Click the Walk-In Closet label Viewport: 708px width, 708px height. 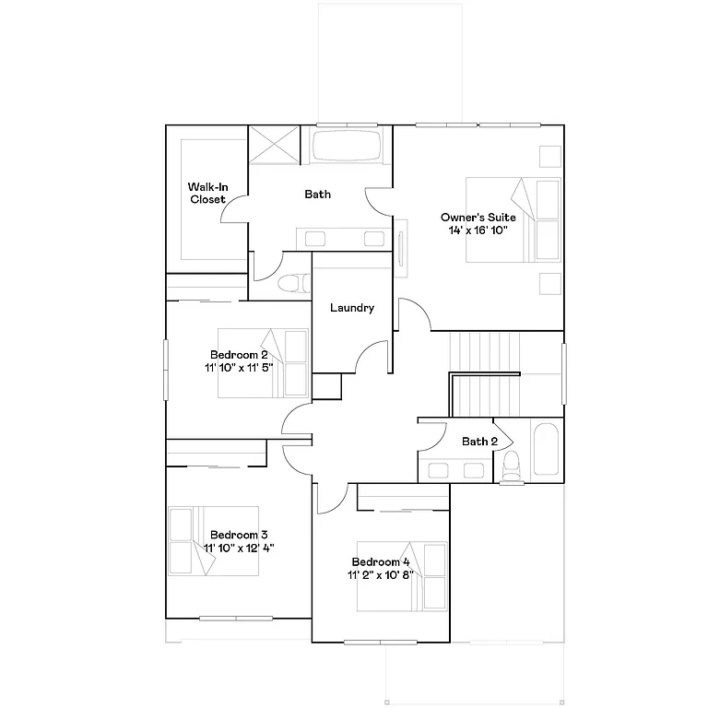point(208,193)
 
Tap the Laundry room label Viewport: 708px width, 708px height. point(352,308)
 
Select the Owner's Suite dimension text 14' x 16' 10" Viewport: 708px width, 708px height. point(478,229)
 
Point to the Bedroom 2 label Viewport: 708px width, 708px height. point(239,355)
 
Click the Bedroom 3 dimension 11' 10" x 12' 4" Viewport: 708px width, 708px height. point(239,547)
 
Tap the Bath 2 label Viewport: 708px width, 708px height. point(479,442)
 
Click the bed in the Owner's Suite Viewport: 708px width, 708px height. point(512,220)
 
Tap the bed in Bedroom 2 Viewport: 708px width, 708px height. point(263,363)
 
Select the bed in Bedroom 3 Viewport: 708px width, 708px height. point(213,541)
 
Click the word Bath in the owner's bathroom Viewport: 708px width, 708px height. point(318,195)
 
